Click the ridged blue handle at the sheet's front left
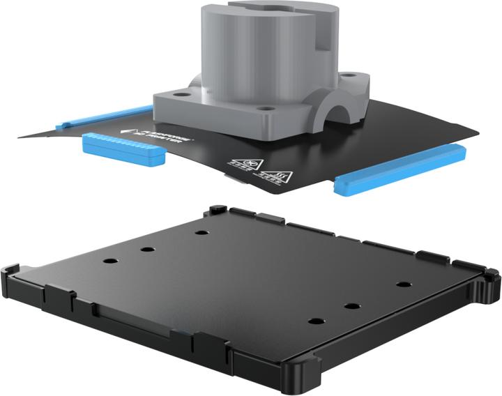tap(123, 148)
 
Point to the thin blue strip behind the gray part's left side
tap(105, 117)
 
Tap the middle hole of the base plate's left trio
tap(147, 249)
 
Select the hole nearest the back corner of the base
tap(202, 232)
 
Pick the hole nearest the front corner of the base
tap(316, 321)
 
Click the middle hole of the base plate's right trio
tap(352, 306)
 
